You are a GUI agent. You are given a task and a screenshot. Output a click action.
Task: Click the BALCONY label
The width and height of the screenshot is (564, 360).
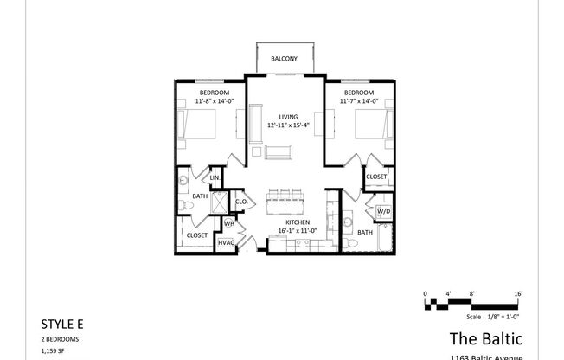click(284, 59)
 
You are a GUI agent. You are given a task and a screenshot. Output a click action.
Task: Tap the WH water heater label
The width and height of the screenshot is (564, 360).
click(229, 223)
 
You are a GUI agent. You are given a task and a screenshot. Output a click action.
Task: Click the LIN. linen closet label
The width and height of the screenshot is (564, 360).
click(215, 178)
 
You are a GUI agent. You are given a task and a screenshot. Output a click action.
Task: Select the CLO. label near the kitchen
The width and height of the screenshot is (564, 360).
click(242, 202)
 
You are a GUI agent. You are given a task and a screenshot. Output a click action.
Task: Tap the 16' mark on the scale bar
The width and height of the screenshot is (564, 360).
click(518, 294)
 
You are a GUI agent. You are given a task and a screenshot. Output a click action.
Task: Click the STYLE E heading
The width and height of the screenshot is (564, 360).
click(62, 324)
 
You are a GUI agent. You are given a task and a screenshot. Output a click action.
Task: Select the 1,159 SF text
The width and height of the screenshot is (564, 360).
click(54, 350)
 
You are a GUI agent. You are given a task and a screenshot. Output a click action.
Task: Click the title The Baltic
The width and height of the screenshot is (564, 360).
click(485, 337)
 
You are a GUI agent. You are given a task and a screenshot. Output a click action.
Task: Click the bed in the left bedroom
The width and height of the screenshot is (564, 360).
click(198, 127)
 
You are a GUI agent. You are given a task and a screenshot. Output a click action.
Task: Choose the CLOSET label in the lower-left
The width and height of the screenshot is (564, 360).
click(196, 234)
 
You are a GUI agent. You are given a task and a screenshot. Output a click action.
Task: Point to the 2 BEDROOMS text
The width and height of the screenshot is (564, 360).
click(61, 338)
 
